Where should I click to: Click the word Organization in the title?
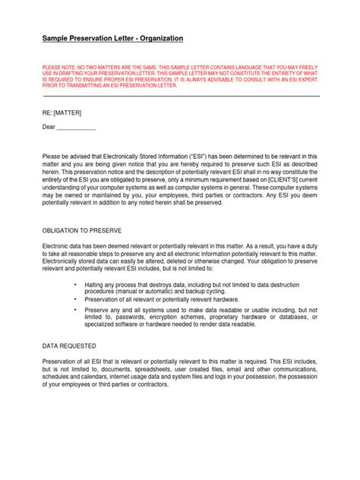pos(158,37)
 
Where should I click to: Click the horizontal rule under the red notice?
pos(181,96)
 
